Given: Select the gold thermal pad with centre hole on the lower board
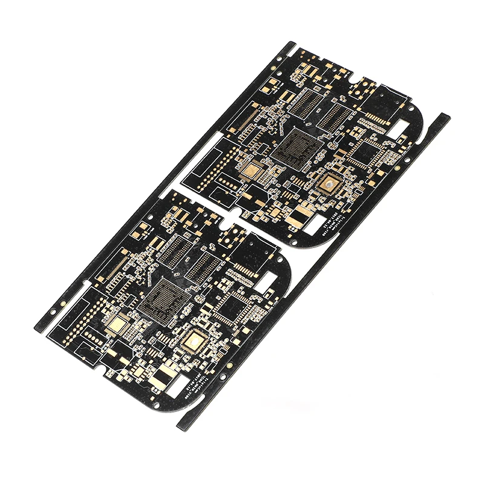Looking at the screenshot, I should point(195,341).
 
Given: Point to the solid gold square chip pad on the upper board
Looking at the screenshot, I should point(249,170).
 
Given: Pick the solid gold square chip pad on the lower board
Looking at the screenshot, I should point(115,327).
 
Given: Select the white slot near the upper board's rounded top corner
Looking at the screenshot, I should point(399,128).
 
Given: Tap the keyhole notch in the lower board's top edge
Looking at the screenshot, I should point(228,220).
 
